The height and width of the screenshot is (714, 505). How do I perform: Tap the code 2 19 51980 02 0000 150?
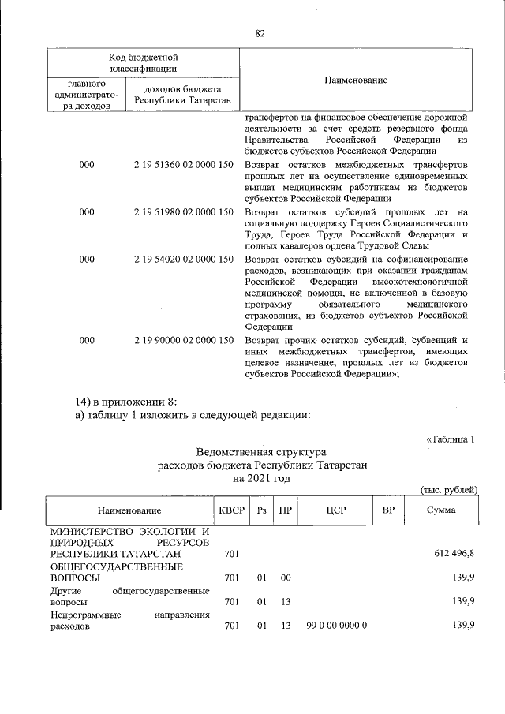click(183, 211)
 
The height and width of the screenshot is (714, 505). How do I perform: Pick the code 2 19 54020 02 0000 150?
click(183, 259)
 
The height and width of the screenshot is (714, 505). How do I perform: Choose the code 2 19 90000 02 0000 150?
click(183, 340)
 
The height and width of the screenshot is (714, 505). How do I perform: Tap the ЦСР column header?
click(336, 510)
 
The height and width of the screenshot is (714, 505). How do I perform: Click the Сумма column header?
click(440, 510)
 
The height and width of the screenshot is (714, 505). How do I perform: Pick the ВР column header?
click(388, 510)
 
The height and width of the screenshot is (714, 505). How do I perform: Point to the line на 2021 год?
click(261, 478)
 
